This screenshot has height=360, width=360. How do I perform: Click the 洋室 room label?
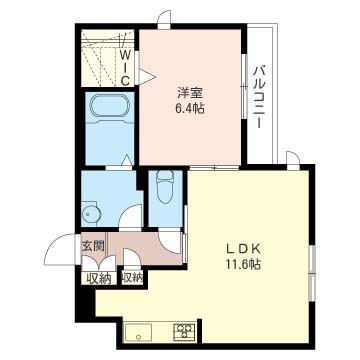click(191, 92)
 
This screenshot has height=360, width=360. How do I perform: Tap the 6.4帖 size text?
click(191, 109)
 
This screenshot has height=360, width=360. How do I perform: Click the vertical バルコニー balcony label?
click(260, 98)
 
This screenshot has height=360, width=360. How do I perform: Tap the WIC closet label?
click(125, 67)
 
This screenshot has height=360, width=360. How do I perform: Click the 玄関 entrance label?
click(93, 246)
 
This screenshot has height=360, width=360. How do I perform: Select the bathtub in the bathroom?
click(109, 107)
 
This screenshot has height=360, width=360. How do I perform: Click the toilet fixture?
click(165, 187)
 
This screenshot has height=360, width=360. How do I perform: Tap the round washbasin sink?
click(89, 214)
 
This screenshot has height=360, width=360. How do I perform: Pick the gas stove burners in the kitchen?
click(184, 332)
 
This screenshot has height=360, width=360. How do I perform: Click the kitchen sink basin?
click(138, 332)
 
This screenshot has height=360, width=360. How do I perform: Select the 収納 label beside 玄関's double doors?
click(99, 279)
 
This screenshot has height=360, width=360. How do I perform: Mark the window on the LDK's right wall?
click(311, 273)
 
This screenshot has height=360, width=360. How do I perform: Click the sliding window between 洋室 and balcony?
click(244, 86)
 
